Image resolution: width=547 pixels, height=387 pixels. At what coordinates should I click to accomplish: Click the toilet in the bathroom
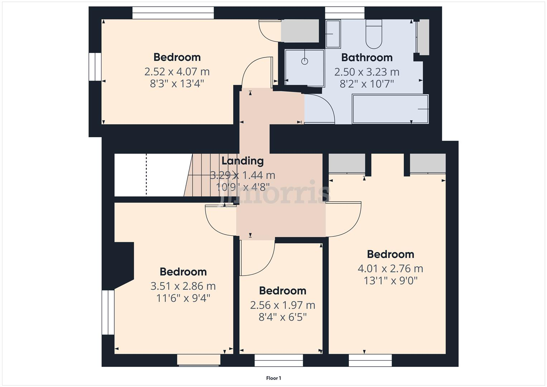pos(374,34)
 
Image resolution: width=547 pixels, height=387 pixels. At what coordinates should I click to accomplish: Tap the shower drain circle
pos(304,61)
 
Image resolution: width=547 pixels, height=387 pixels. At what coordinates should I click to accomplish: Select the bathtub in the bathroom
pos(390,109)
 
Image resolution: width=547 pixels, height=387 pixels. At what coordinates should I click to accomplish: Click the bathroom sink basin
pos(333,34)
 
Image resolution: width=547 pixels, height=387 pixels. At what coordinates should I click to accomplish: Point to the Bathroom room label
pos(367,57)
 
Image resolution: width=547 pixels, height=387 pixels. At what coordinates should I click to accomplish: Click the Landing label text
pos(243,161)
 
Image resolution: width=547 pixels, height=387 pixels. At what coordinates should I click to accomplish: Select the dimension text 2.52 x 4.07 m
pos(177,72)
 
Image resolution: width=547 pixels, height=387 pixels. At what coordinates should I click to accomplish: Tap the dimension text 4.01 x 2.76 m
pos(390,268)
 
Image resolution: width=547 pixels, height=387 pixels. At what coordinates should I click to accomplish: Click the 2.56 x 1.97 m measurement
pos(283,305)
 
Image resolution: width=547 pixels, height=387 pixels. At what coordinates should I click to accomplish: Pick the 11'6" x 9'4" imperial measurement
pos(183,298)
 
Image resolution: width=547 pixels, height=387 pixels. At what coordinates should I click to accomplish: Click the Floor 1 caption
pos(274,378)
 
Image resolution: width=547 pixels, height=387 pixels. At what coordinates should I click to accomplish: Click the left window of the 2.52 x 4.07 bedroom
pos(95,67)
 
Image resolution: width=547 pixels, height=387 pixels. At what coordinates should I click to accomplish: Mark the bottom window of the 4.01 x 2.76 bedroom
pos(370,360)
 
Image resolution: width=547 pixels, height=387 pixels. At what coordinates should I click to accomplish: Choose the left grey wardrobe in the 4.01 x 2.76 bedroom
pos(347,163)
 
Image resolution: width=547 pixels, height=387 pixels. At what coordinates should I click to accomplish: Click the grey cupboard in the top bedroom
pos(300,31)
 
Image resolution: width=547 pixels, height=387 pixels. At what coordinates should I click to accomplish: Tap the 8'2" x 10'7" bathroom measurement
pos(367,84)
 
